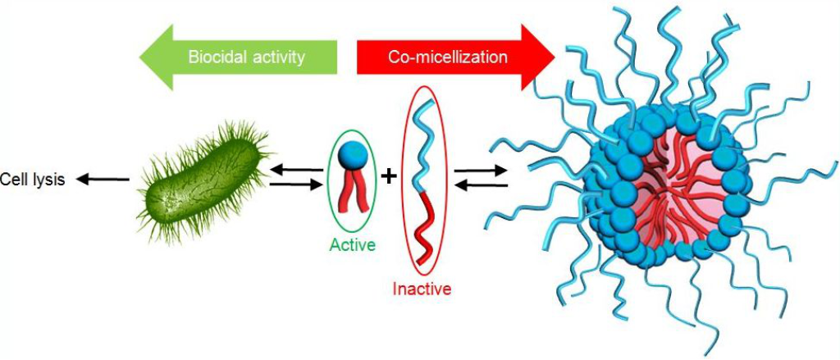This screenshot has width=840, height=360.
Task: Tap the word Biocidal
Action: tap(216, 57)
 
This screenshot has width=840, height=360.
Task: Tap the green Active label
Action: tap(352, 244)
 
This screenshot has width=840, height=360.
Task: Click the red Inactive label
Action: tap(422, 289)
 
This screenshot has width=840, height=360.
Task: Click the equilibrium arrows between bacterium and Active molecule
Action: tap(296, 178)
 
